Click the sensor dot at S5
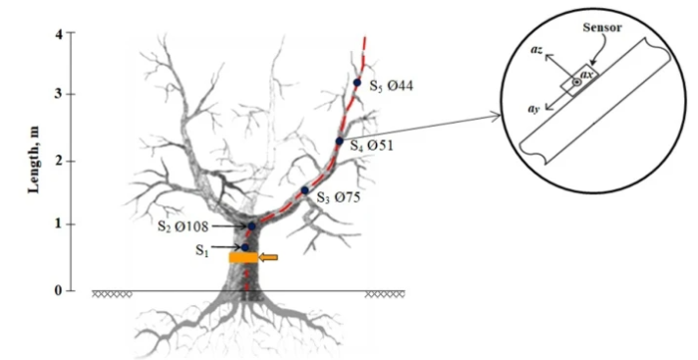coord(357,83)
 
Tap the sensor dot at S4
coord(339,141)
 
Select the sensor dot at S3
coord(305,189)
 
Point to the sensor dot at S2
coord(252,226)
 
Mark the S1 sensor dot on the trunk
coord(245,246)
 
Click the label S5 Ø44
coord(391,86)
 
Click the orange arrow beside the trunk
coord(268,258)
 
